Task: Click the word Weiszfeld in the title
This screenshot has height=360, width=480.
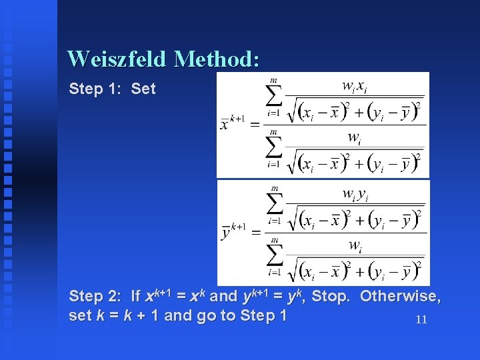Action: click(x=117, y=59)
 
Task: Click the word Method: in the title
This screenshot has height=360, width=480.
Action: click(x=216, y=59)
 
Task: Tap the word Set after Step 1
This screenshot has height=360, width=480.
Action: click(x=143, y=89)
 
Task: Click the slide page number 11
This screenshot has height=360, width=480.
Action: click(x=421, y=319)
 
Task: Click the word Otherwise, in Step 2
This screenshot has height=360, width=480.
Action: click(x=400, y=296)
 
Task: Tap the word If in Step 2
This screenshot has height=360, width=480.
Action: click(x=136, y=296)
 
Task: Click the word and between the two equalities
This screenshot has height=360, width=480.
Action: click(x=223, y=296)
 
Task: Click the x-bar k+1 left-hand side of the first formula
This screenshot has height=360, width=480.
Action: click(x=233, y=123)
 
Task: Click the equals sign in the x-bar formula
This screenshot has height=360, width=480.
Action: click(x=255, y=125)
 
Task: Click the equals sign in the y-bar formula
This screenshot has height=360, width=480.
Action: click(x=255, y=233)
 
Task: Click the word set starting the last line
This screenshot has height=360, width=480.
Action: click(x=81, y=315)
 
